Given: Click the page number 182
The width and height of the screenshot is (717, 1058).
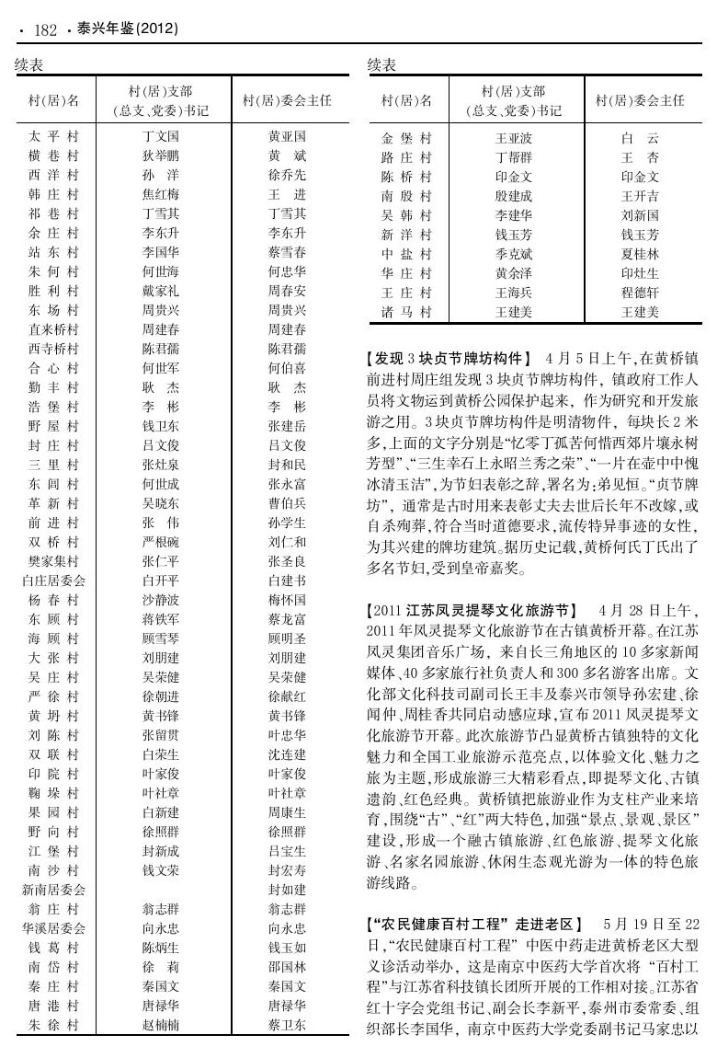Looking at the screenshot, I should (x=46, y=30).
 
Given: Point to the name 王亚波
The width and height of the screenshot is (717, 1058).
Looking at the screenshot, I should (x=514, y=139).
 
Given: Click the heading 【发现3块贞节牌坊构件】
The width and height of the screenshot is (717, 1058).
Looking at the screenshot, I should (x=450, y=357).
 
